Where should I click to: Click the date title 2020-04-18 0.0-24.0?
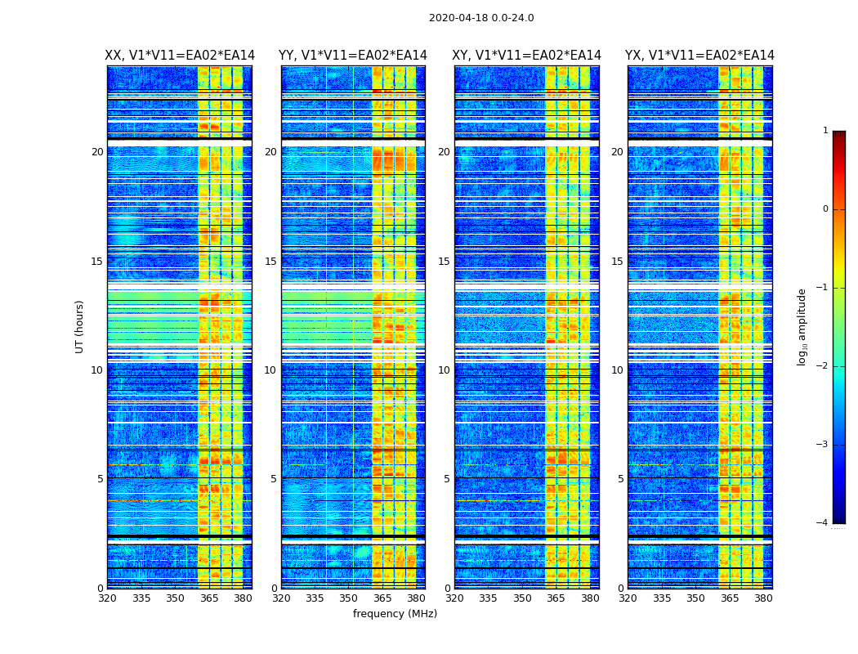481,18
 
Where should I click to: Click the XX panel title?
180,56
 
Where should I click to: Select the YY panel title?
353,56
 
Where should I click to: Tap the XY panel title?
527,56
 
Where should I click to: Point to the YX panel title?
699,56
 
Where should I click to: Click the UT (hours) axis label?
80,326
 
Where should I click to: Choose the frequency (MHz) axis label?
395,614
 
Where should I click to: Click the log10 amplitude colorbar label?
802,326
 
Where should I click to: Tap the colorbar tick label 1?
825,131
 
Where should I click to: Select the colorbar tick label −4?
823,523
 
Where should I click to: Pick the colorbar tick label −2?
823,366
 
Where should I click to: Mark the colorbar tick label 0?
825,209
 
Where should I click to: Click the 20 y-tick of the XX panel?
97,152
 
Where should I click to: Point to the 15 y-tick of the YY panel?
270,262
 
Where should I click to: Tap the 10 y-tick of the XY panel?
444,370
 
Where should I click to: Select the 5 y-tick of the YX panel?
620,479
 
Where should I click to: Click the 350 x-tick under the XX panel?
175,598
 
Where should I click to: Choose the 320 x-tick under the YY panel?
281,598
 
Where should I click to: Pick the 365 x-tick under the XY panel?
556,598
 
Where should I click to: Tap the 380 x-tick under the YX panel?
763,598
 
